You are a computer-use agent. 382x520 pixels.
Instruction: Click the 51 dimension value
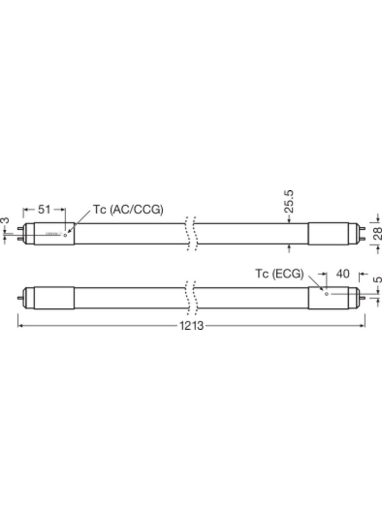pyautogui.click(x=44, y=209)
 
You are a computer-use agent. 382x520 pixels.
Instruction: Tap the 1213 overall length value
pyautogui.click(x=191, y=325)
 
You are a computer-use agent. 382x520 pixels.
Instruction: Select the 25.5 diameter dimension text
pyautogui.click(x=289, y=201)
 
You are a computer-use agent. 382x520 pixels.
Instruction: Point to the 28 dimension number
pyautogui.click(x=378, y=233)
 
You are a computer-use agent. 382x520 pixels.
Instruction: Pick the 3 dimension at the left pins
pyautogui.click(x=5, y=221)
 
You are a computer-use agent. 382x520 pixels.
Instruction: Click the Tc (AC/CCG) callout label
pyautogui.click(x=129, y=209)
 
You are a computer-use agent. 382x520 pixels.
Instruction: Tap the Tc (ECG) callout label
pyautogui.click(x=279, y=274)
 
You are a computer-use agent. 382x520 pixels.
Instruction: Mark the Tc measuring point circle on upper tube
pyautogui.click(x=65, y=235)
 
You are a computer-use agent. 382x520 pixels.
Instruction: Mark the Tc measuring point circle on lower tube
pyautogui.click(x=326, y=294)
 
